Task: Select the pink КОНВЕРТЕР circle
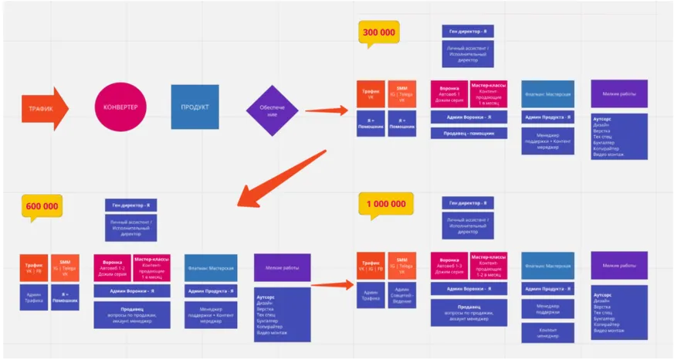coord(120,107)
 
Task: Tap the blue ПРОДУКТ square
coord(195,107)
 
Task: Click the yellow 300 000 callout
coord(379,33)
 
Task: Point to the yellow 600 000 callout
coord(43,207)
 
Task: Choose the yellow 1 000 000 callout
coord(386,204)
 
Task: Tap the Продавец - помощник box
coord(469,133)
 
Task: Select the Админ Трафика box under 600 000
coord(35,297)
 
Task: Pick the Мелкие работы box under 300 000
coord(619,93)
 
